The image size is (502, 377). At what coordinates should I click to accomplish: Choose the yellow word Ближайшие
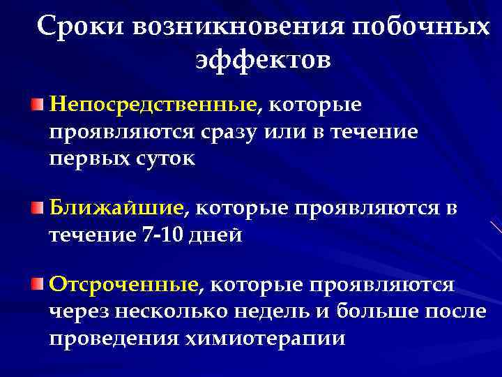tap(116, 208)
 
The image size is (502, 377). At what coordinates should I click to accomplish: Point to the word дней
tap(221, 235)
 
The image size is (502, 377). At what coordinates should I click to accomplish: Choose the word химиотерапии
tap(266, 339)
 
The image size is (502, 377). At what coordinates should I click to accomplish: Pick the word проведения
tap(114, 339)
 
